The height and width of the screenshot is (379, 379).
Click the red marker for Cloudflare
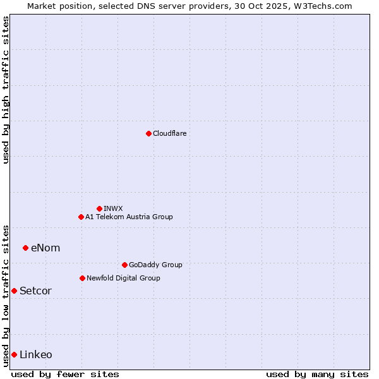click(148, 133)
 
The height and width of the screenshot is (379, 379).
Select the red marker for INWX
click(99, 208)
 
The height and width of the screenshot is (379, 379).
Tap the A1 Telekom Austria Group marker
click(81, 217)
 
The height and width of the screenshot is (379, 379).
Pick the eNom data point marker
click(25, 248)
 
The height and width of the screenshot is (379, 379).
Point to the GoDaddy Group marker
click(124, 265)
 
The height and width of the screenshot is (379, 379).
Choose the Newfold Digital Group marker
click(82, 278)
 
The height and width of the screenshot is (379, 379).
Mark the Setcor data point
click(14, 291)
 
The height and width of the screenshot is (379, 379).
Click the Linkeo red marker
click(14, 354)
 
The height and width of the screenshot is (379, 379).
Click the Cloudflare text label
click(169, 133)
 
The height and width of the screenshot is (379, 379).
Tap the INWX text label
click(113, 208)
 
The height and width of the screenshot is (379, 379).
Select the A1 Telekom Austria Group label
click(129, 217)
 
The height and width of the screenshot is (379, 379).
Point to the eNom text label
click(45, 248)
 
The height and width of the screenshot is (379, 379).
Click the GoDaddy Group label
click(155, 265)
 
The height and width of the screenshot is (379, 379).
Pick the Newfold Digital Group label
click(123, 278)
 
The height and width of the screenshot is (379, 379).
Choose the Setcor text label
click(35, 291)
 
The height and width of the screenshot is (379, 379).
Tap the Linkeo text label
click(36, 354)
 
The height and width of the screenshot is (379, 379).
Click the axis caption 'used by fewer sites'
click(65, 374)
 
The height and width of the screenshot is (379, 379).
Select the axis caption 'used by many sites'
click(317, 374)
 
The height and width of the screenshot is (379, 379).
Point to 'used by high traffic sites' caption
click(6, 90)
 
